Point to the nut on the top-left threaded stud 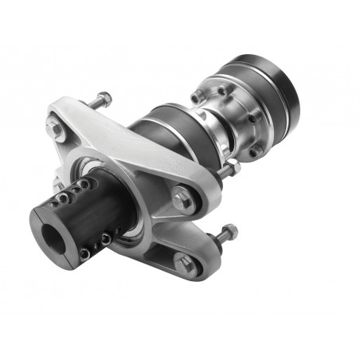click(x=104, y=100)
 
